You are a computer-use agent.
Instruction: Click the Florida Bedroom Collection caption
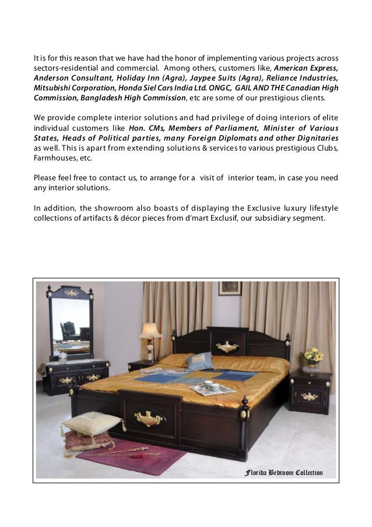coord(283,472)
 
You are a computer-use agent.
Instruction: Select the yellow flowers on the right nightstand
coord(313,355)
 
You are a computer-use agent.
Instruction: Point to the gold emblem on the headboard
coord(227,347)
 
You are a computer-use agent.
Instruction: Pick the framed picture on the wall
coord(230,288)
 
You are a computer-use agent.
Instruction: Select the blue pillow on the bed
coord(199,361)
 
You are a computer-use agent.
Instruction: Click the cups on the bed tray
coord(210,386)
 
